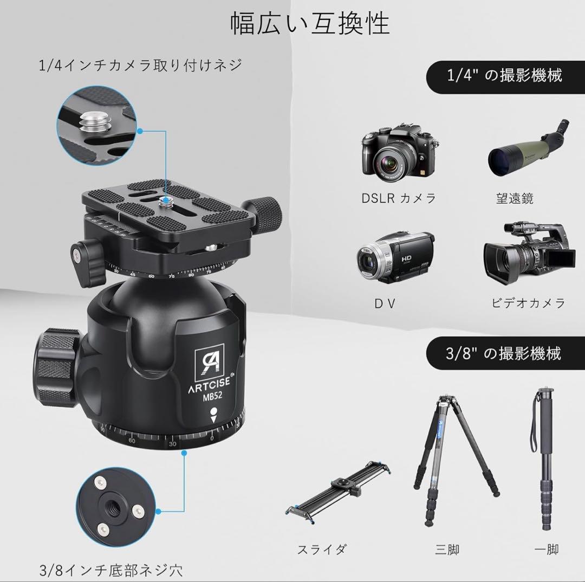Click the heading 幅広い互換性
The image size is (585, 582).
pyautogui.click(x=310, y=24)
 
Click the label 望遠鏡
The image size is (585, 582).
pyautogui.click(x=515, y=198)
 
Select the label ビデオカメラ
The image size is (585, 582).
pyautogui.click(x=528, y=302)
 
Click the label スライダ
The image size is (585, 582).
pyautogui.click(x=321, y=549)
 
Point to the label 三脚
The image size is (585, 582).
pyautogui.click(x=447, y=549)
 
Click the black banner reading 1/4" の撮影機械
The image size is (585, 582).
pyautogui.click(x=505, y=75)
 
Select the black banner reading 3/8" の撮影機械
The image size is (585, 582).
pyautogui.click(x=505, y=353)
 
